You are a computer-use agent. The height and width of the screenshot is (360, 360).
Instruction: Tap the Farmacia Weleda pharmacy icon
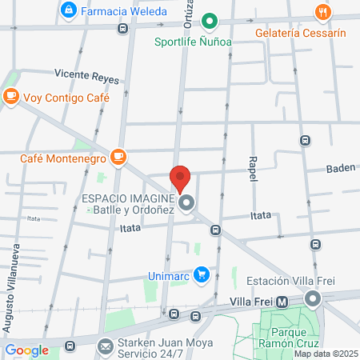click(68, 10)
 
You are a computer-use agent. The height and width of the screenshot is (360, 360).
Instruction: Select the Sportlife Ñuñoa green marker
click(210, 21)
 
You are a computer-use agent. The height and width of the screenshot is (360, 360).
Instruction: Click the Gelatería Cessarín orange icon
click(323, 12)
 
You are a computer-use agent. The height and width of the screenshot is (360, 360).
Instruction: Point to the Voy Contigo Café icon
click(10, 97)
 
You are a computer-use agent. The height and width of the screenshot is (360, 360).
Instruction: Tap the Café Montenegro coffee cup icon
click(118, 156)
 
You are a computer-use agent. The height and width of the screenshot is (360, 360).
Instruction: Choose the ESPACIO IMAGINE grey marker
click(187, 204)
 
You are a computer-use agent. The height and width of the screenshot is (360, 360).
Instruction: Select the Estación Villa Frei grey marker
click(313, 299)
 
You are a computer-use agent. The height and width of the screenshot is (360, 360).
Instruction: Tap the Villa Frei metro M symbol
click(282, 302)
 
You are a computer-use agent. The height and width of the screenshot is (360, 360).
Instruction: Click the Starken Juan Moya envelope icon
click(106, 346)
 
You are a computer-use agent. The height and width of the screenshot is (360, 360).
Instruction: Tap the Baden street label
click(341, 169)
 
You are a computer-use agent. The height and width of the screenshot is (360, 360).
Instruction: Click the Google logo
click(26, 350)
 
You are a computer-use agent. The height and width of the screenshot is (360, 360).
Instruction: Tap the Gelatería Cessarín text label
click(301, 34)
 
